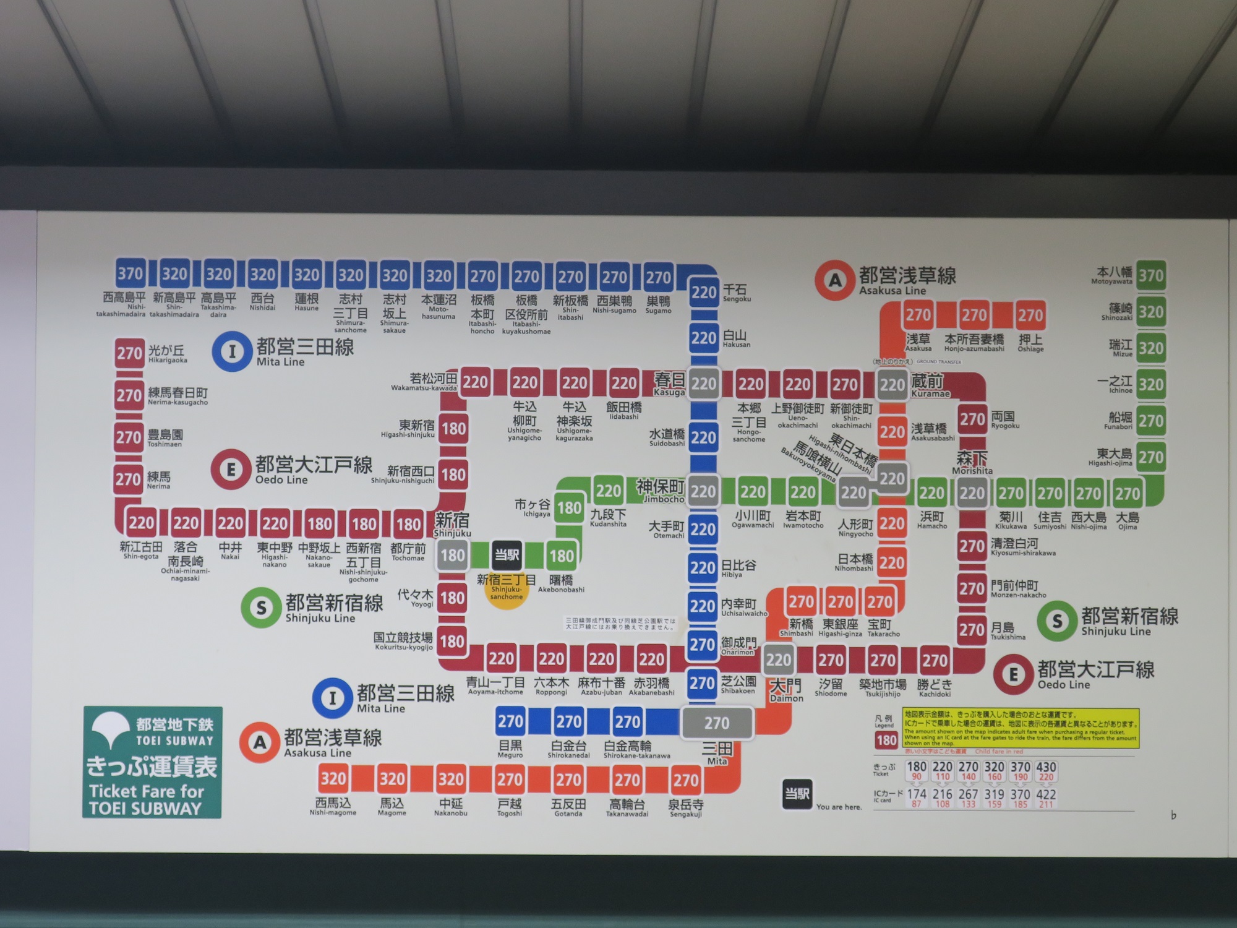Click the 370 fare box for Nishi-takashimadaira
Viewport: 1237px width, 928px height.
131,273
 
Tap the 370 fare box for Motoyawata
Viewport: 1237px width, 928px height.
1150,275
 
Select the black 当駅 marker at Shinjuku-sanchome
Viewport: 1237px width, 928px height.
507,555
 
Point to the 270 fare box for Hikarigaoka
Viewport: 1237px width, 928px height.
129,353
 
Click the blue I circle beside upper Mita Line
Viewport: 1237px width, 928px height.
232,352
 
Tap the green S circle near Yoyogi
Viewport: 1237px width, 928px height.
261,608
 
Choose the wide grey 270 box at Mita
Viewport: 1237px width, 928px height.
717,723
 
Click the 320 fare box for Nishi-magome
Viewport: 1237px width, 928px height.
333,778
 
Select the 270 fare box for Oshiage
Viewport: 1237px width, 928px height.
1030,316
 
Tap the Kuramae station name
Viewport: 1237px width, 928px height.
927,382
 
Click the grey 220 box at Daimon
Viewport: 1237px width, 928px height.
778,660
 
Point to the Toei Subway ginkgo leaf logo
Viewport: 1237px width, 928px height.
112,728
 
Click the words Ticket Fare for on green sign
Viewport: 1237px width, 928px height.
146,791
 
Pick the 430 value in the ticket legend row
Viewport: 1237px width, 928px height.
1047,767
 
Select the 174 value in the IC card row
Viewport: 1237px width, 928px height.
917,794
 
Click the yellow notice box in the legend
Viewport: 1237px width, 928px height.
1021,728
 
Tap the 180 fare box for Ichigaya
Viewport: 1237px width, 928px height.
569,509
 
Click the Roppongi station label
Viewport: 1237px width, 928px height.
551,684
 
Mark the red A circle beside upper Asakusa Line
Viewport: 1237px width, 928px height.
835,281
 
